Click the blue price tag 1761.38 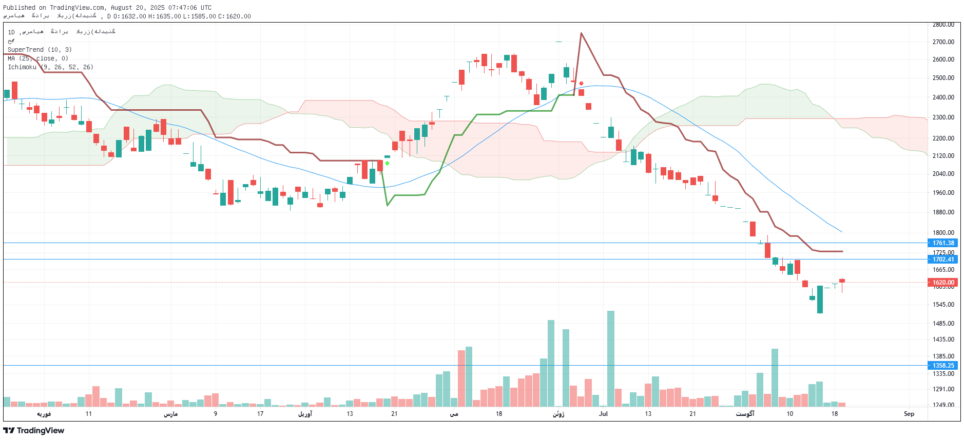click(943, 243)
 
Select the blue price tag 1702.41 click(943, 259)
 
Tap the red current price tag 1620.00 click(943, 283)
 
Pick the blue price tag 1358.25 click(943, 366)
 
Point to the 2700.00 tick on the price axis click(943, 42)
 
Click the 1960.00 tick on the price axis click(943, 193)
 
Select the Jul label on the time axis click(603, 414)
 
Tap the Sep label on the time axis click(909, 414)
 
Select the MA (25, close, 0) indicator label click(37, 58)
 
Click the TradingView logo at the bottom click(34, 430)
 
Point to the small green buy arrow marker click(387, 163)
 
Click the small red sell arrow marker click(581, 84)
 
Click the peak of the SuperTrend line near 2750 click(581, 34)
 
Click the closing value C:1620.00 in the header click(235, 16)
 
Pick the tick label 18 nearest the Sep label click(834, 414)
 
